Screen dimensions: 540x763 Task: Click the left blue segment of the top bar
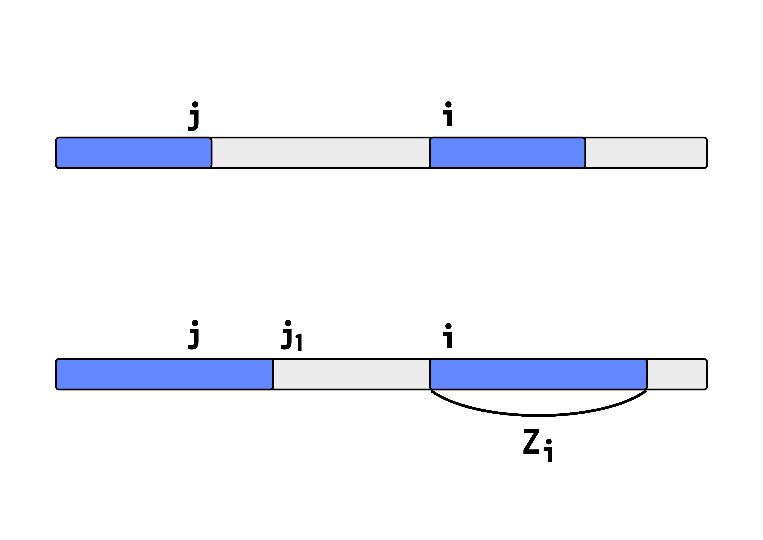click(134, 153)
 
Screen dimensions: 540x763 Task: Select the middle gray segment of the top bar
click(320, 153)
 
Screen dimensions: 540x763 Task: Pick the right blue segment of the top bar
click(507, 153)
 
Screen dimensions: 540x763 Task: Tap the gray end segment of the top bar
click(646, 153)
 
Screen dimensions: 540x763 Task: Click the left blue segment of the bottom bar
click(164, 374)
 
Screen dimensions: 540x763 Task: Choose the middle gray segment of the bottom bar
click(351, 374)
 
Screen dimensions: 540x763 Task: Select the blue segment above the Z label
click(538, 374)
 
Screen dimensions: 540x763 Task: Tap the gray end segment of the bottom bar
click(677, 374)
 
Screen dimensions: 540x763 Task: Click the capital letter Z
click(531, 441)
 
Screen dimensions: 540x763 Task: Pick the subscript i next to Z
click(549, 451)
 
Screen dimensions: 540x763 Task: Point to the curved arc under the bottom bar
click(538, 415)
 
